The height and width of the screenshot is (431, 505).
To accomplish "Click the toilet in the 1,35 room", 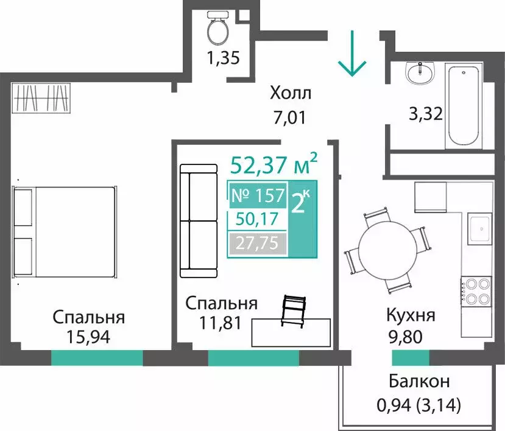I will tap(217, 28).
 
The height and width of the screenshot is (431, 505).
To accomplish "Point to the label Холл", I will tap(291, 94).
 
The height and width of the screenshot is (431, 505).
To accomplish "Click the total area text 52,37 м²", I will tap(274, 164).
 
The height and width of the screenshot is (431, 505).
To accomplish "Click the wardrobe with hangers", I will tap(40, 97).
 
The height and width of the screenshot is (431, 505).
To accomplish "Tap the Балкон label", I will tap(419, 382).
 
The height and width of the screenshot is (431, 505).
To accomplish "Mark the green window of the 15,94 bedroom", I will tap(97, 357).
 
